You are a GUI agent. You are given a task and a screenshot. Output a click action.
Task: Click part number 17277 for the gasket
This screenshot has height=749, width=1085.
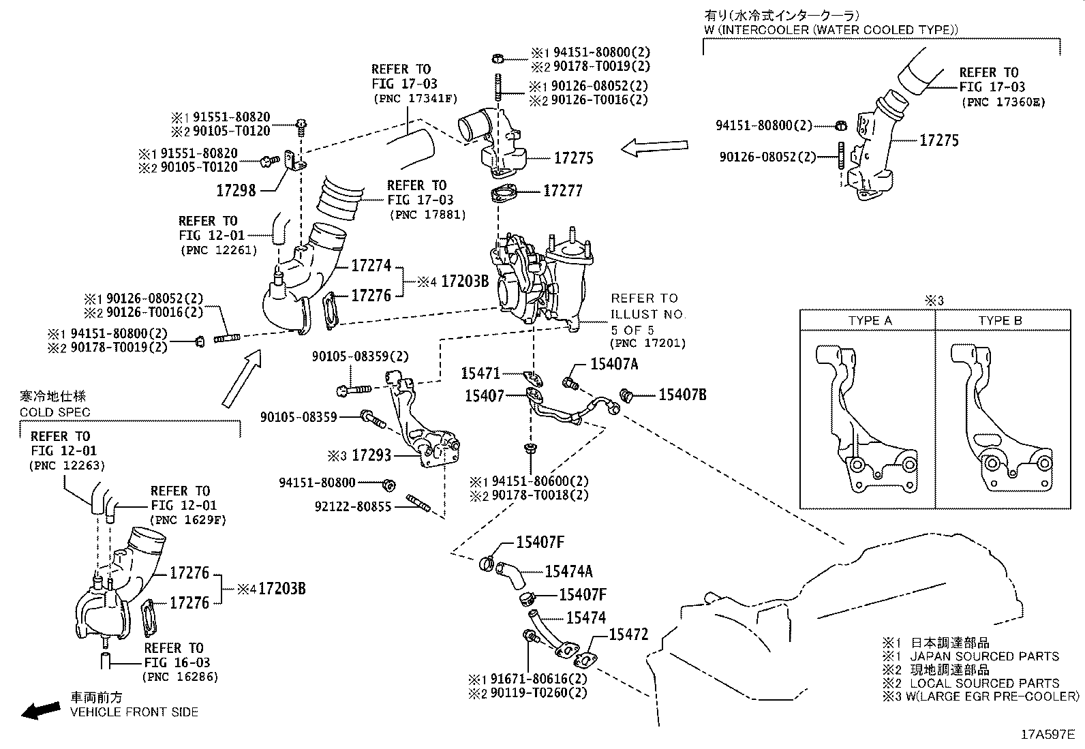tap(562, 191)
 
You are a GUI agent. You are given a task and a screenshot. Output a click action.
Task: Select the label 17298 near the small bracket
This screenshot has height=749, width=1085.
tap(236, 190)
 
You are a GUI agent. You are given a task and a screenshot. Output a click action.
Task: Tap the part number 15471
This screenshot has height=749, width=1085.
tap(480, 373)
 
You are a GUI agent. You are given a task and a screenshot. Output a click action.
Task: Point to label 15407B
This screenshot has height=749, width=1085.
tap(682, 394)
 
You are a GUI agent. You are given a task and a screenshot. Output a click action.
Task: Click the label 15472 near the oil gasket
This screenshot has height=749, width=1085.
tap(628, 635)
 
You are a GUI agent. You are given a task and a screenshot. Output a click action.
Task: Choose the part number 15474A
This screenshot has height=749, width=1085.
tap(568, 572)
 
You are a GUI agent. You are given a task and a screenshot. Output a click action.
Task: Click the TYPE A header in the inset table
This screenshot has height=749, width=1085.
tap(870, 320)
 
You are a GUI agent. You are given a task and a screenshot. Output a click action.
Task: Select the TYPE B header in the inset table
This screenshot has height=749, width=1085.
tap(1000, 320)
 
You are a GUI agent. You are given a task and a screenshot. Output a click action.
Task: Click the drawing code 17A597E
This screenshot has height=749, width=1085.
tap(1047, 735)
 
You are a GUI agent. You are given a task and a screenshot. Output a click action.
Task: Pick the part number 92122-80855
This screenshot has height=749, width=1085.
tap(353, 506)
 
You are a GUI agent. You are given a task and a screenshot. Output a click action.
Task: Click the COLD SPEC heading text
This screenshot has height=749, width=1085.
tap(55, 412)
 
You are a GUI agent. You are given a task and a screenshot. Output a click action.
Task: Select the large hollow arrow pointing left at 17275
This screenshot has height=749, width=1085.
tap(654, 147)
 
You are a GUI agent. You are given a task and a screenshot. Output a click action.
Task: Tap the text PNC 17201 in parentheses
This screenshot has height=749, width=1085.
tap(647, 343)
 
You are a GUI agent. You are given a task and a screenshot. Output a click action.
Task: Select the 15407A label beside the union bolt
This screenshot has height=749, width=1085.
tap(613, 365)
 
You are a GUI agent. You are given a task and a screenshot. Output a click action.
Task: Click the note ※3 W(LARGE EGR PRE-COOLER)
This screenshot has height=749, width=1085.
tap(981, 696)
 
